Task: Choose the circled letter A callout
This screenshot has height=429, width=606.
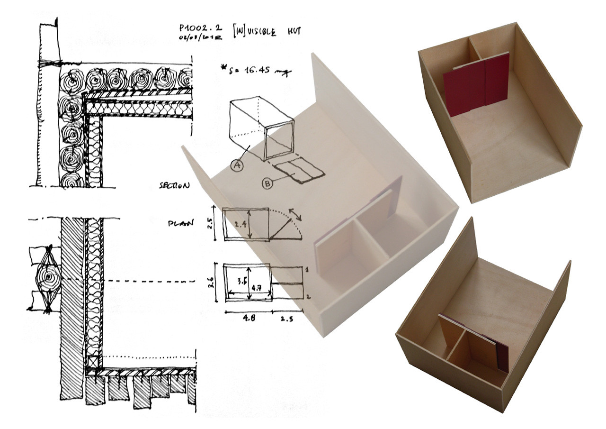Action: point(236,165)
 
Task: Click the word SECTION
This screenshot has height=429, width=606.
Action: point(175,185)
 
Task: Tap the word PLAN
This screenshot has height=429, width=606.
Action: point(181,223)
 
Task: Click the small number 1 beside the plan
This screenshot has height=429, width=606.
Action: point(307,270)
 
